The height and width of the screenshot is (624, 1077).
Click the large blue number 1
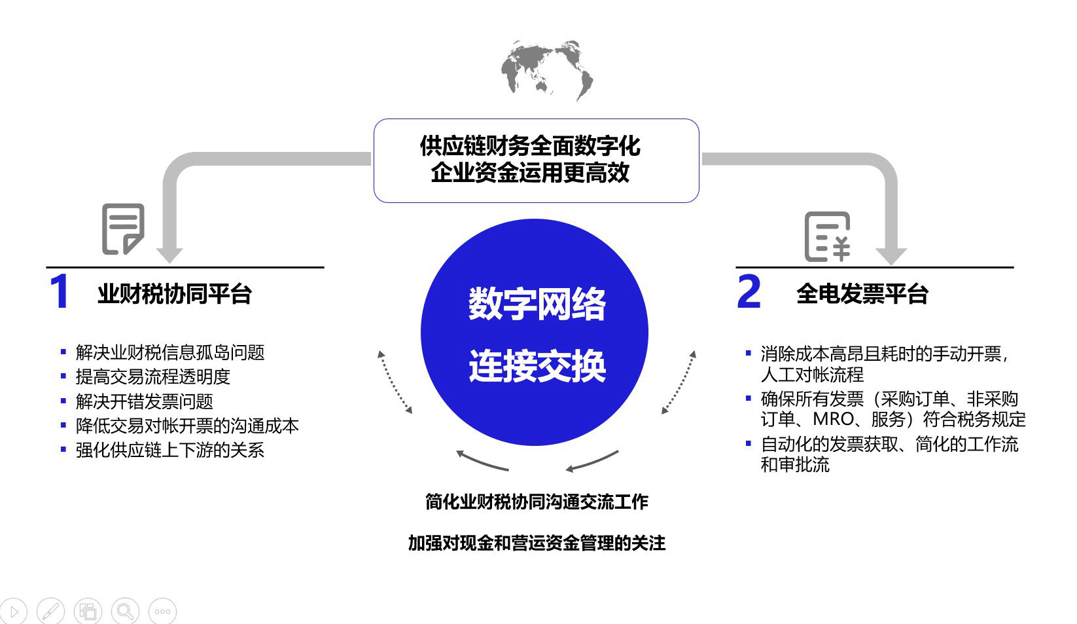pyautogui.click(x=60, y=292)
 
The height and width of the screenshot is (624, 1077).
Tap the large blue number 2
pyautogui.click(x=749, y=292)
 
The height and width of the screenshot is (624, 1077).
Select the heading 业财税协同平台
pyautogui.click(x=175, y=294)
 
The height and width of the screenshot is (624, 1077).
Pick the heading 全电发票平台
pyautogui.click(x=862, y=294)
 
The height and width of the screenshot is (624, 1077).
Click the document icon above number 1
pyautogui.click(x=123, y=229)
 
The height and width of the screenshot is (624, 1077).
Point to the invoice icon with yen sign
pyautogui.click(x=827, y=236)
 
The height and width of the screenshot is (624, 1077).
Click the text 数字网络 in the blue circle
pyautogui.click(x=537, y=304)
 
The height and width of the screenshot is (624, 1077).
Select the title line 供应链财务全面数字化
pyautogui.click(x=530, y=145)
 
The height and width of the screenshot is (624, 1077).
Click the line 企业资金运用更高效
pyautogui.click(x=530, y=173)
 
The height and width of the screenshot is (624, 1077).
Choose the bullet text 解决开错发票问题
pyautogui.click(x=144, y=401)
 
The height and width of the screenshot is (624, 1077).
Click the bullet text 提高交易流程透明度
pyautogui.click(x=153, y=377)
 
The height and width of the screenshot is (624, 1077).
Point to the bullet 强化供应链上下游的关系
pyautogui.click(x=170, y=450)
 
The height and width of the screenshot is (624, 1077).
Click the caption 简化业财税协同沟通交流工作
pyautogui.click(x=537, y=502)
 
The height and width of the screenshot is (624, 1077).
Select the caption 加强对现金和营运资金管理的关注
pyautogui.click(x=537, y=543)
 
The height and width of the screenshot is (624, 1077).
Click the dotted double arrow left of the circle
pyautogui.click(x=395, y=382)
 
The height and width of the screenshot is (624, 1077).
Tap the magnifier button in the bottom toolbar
pyautogui.click(x=124, y=612)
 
